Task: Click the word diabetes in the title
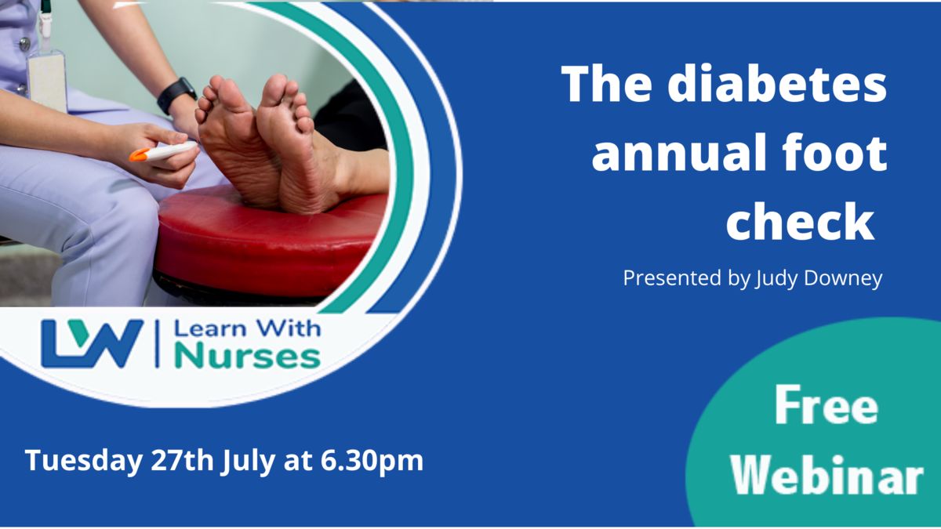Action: tap(777, 83)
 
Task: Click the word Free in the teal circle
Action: tap(826, 405)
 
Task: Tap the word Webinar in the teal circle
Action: tap(827, 475)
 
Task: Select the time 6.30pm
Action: tap(372, 462)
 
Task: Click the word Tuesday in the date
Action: tap(84, 462)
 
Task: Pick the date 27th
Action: tap(182, 461)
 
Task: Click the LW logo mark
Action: tap(92, 344)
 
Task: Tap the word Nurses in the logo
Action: tap(248, 356)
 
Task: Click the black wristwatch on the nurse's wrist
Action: tap(176, 95)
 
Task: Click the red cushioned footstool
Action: tap(269, 244)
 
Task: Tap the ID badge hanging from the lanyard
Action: tap(47, 80)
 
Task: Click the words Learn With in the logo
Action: tap(248, 328)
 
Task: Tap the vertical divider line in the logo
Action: tap(158, 344)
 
